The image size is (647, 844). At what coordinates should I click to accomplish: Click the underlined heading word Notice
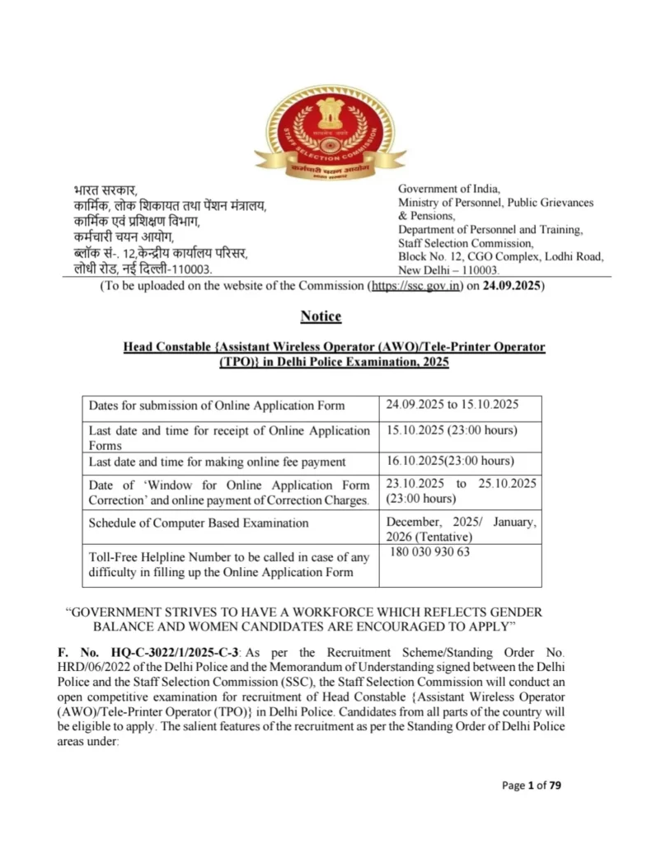[x=321, y=316]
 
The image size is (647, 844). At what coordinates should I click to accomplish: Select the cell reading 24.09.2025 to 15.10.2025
[x=452, y=405]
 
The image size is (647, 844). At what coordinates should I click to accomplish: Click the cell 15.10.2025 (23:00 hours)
[x=451, y=430]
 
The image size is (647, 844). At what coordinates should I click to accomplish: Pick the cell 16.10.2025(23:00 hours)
[x=449, y=461]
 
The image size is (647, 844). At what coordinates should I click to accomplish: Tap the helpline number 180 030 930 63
[x=428, y=551]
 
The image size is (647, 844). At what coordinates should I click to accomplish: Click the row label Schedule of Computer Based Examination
[x=199, y=523]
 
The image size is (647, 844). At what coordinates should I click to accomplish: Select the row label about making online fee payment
[x=217, y=462]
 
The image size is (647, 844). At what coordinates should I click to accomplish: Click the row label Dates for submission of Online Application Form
[x=217, y=406]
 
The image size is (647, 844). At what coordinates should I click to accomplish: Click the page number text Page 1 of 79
[x=532, y=785]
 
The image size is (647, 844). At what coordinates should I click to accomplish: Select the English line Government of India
[x=449, y=189]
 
